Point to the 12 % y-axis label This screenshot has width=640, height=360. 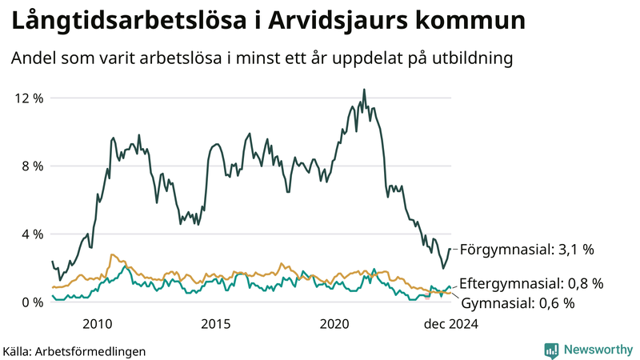point(29,98)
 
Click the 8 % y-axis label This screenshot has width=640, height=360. point(32,166)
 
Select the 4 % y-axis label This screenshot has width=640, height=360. point(32,234)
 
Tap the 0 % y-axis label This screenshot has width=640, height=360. point(32,302)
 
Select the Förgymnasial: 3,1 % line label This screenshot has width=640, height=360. point(527,250)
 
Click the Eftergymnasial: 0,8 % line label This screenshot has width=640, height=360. point(531,283)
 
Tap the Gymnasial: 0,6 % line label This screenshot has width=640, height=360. point(518,302)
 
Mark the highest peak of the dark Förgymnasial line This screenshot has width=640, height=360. point(364,90)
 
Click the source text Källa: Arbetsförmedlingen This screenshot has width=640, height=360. point(74,350)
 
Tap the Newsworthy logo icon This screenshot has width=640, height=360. point(551,350)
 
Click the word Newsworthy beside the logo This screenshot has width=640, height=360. point(598,350)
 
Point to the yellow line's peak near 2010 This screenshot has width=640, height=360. point(112,254)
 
